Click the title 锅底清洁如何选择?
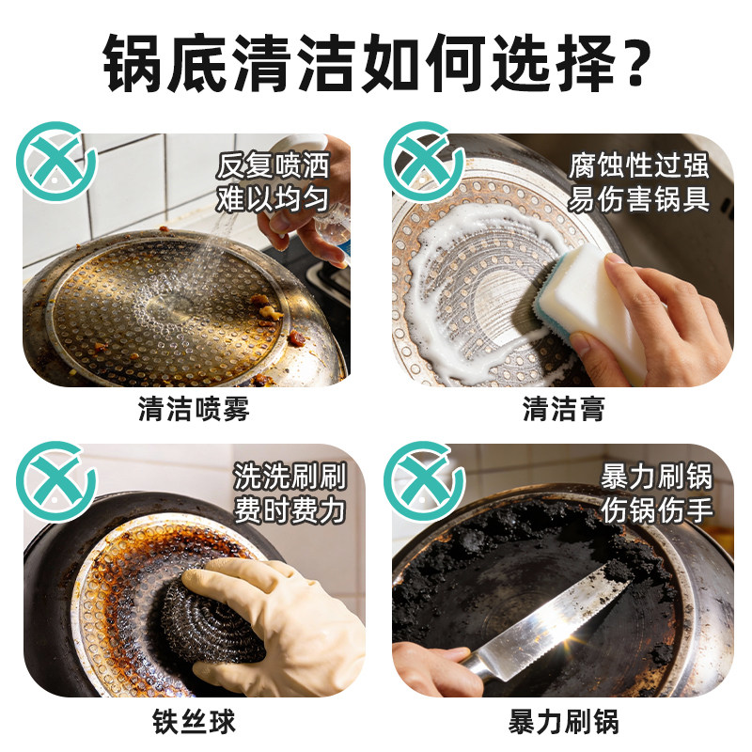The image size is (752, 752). tap(376, 64)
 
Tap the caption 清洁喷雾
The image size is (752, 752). tap(194, 410)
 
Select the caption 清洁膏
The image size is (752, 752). tap(563, 410)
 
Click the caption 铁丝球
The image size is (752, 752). tap(194, 721)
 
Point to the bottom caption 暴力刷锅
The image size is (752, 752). tap(563, 721)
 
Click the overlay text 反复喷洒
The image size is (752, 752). tap(273, 166)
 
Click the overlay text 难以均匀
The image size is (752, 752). tap(273, 198)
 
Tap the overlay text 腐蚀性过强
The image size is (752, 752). tap(639, 166)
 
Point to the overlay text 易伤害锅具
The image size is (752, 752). tap(639, 198)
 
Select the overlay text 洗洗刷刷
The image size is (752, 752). tap(290, 477)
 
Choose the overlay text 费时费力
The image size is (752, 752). tap(290, 510)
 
